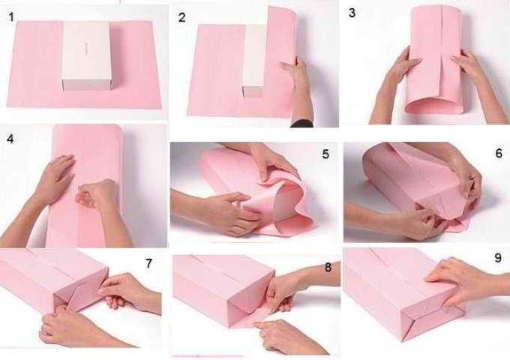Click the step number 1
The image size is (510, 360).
(11, 17)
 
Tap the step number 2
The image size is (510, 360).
(181, 17)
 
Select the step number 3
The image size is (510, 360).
(352, 13)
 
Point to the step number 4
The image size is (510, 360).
(10, 139)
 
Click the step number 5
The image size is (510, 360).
(326, 154)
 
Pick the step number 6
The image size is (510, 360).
(499, 153)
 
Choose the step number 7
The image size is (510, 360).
(148, 263)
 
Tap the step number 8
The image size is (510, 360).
(328, 267)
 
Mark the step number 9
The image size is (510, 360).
(498, 258)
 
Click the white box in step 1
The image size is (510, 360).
(86, 55)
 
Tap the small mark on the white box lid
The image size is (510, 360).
(87, 47)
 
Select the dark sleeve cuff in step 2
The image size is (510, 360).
(301, 124)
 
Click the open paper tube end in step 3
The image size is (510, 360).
(434, 105)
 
